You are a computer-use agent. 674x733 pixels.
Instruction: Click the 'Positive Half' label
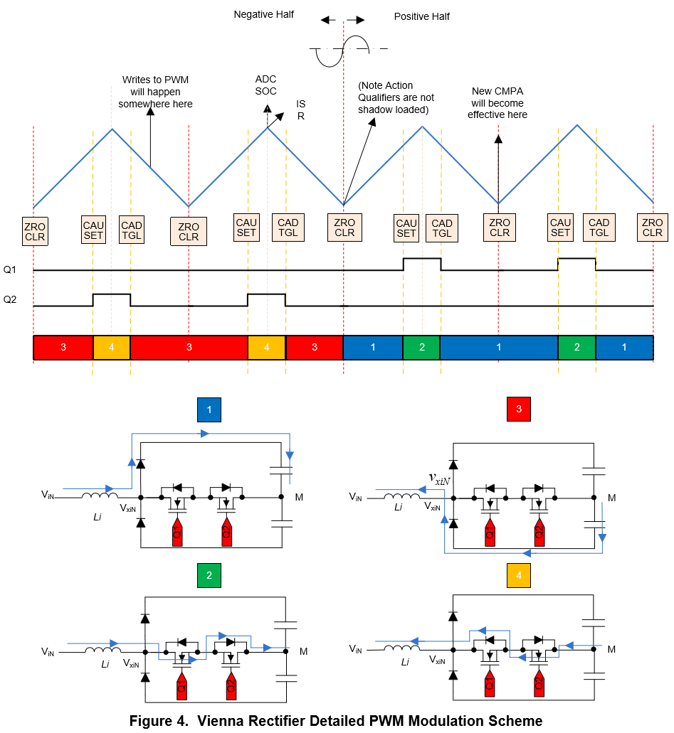pyautogui.click(x=422, y=16)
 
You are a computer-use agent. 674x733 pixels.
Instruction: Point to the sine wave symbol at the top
pyautogui.click(x=344, y=50)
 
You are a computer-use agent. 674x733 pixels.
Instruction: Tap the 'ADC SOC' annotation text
pyautogui.click(x=266, y=85)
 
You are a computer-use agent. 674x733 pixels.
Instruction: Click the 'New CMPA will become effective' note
pyautogui.click(x=497, y=102)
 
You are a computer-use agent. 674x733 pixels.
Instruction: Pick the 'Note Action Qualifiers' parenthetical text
pyautogui.click(x=396, y=97)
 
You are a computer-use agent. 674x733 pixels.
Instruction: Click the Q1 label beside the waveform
pyautogui.click(x=10, y=269)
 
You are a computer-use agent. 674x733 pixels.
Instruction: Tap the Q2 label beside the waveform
pyautogui.click(x=10, y=300)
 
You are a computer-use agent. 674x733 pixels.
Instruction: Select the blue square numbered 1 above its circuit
pyautogui.click(x=209, y=410)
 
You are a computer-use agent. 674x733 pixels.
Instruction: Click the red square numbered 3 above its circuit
pyautogui.click(x=519, y=410)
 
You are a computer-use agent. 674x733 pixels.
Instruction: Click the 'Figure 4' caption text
pyautogui.click(x=336, y=721)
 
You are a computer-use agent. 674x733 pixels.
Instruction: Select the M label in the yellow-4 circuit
pyautogui.click(x=611, y=649)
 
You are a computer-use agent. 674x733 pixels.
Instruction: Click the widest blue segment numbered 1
pyautogui.click(x=498, y=347)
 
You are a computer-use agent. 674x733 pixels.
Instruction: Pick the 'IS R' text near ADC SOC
pyautogui.click(x=301, y=109)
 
